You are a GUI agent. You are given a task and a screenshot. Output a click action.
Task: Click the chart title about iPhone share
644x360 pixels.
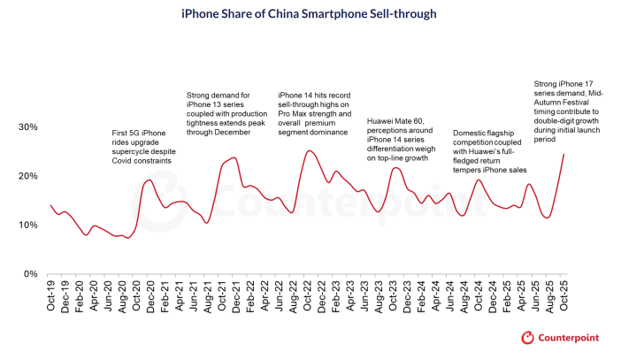[x=322, y=15]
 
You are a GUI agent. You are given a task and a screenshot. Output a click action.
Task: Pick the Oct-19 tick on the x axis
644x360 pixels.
[x=50, y=293]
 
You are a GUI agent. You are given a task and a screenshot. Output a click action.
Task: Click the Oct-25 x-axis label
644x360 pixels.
[x=563, y=293]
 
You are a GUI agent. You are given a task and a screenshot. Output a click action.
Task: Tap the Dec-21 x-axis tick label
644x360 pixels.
[x=235, y=293]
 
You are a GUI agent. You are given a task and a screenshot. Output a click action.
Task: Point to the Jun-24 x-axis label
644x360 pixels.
[x=449, y=293]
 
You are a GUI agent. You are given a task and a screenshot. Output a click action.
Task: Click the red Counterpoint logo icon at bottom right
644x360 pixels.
[x=528, y=338]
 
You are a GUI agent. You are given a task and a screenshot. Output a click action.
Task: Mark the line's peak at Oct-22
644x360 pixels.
[x=308, y=151]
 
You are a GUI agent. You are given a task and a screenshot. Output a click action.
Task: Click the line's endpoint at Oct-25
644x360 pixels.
[x=563, y=154]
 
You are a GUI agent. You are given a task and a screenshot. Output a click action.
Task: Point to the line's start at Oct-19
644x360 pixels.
[x=50, y=205]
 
